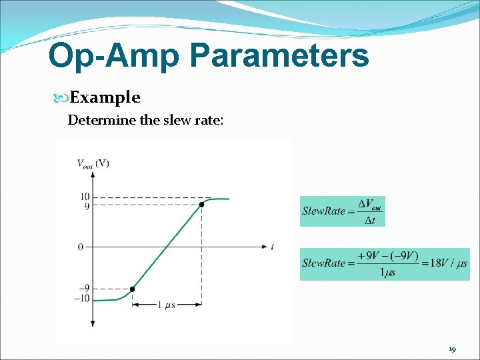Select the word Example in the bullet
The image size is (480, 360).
[x=105, y=98]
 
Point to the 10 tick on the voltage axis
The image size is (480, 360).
[x=85, y=197]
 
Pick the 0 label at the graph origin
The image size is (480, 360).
[x=80, y=247]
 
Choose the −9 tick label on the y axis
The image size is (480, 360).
[x=84, y=289]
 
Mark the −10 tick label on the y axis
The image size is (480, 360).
[x=82, y=297]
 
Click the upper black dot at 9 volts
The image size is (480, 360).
[x=201, y=205]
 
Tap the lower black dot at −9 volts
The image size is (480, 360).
[x=132, y=289]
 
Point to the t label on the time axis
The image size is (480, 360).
[x=272, y=247]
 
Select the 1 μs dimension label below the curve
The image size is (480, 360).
[x=167, y=305]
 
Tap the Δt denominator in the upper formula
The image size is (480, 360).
[x=369, y=221]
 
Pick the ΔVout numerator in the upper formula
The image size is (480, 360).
[x=370, y=204]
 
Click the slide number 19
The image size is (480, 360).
[x=452, y=349]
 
